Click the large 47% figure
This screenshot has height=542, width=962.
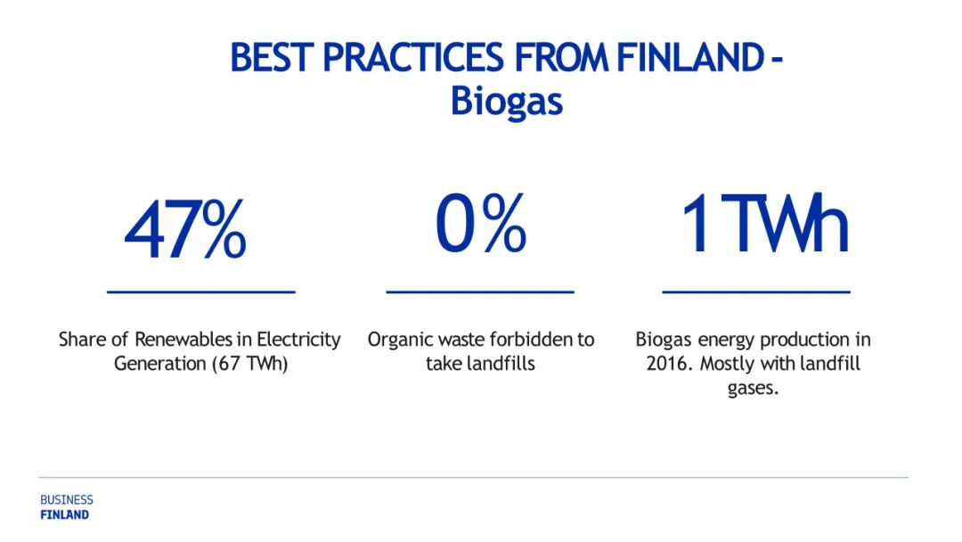tap(185, 230)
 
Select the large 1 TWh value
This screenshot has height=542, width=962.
tap(765, 223)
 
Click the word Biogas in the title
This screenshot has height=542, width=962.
tap(507, 101)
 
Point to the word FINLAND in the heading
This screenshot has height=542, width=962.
tap(690, 57)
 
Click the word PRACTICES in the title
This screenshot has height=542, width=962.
tap(413, 57)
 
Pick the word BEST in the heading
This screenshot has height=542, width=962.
tap(272, 57)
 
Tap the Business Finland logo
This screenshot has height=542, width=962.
tap(66, 507)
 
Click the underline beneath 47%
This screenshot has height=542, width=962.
tap(201, 292)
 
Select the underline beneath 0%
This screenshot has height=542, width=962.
tap(480, 292)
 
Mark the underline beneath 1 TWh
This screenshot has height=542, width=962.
tap(756, 292)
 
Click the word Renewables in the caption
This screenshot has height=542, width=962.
tap(183, 340)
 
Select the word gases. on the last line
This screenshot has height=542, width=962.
tap(753, 389)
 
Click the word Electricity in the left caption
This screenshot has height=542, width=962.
tap(298, 340)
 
